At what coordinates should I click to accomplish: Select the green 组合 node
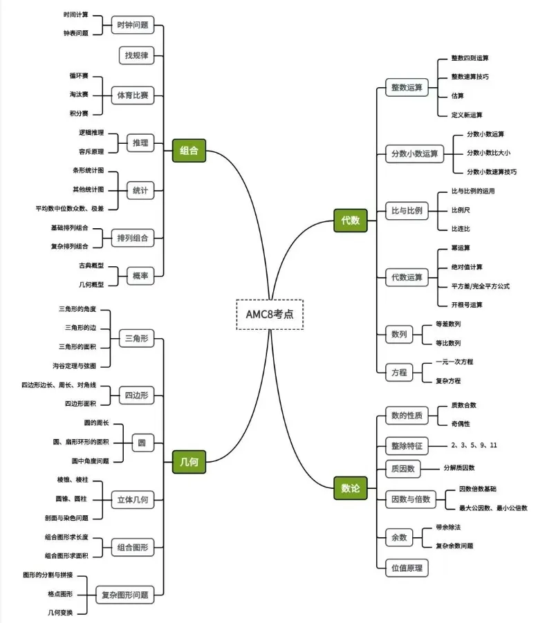click(x=189, y=151)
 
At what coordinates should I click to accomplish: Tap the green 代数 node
click(x=350, y=221)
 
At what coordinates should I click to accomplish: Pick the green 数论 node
click(x=350, y=488)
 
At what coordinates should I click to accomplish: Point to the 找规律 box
click(x=136, y=55)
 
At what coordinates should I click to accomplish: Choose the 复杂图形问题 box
click(x=124, y=594)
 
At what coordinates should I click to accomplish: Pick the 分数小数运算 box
click(x=414, y=154)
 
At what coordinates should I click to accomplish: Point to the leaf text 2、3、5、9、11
click(x=474, y=445)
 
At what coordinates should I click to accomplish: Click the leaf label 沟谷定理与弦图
click(x=79, y=365)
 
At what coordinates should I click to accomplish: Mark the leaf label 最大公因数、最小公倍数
click(x=493, y=508)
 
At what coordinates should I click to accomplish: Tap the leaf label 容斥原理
click(x=91, y=151)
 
